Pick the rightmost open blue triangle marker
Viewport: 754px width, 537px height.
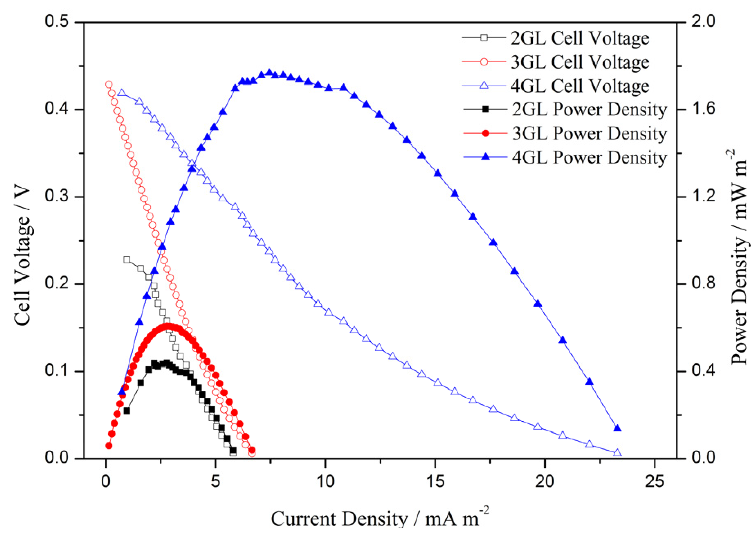click(617, 453)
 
